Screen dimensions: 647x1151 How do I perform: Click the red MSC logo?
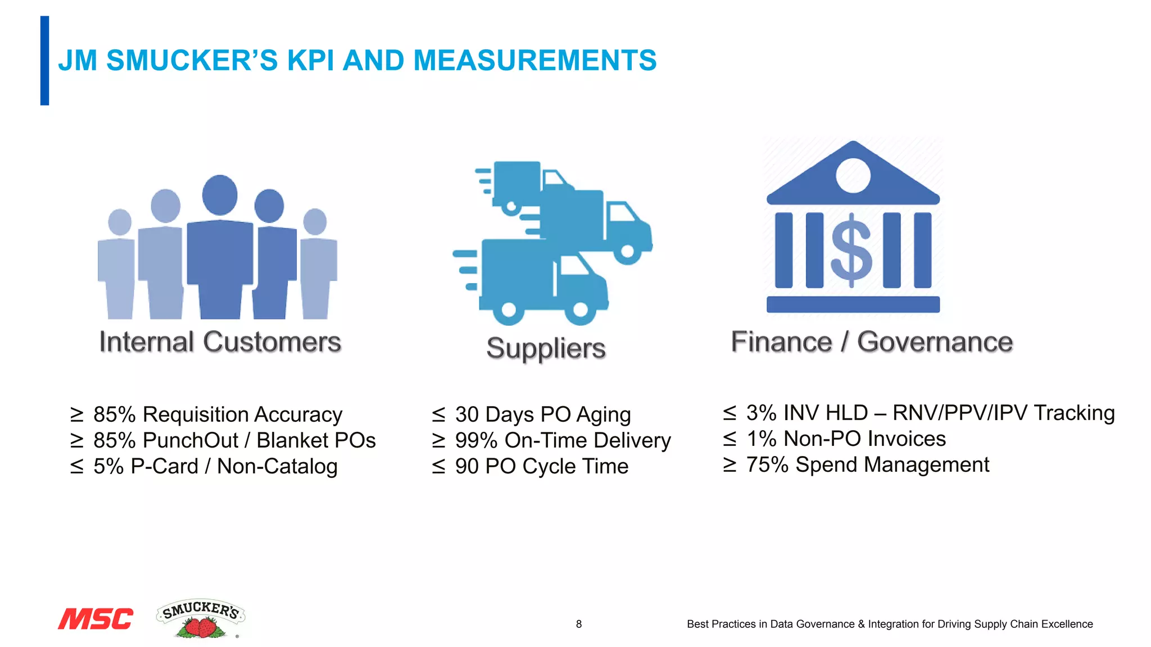(96, 618)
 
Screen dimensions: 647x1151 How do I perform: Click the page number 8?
(579, 624)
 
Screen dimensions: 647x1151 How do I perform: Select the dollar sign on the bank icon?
(852, 250)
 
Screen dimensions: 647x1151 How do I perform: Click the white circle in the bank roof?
(853, 175)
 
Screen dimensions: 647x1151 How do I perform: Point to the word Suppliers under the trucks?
(546, 348)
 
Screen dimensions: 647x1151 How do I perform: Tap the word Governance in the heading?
(935, 342)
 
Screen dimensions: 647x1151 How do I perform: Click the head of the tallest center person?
(220, 194)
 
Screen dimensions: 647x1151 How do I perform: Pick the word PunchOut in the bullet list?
(191, 440)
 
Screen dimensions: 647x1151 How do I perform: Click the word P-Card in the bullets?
(164, 466)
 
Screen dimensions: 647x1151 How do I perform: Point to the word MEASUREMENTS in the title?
(534, 60)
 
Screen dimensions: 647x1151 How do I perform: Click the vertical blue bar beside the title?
(44, 61)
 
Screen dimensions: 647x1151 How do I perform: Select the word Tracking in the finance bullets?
(1074, 413)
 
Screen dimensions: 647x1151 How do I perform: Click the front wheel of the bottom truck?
(580, 309)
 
